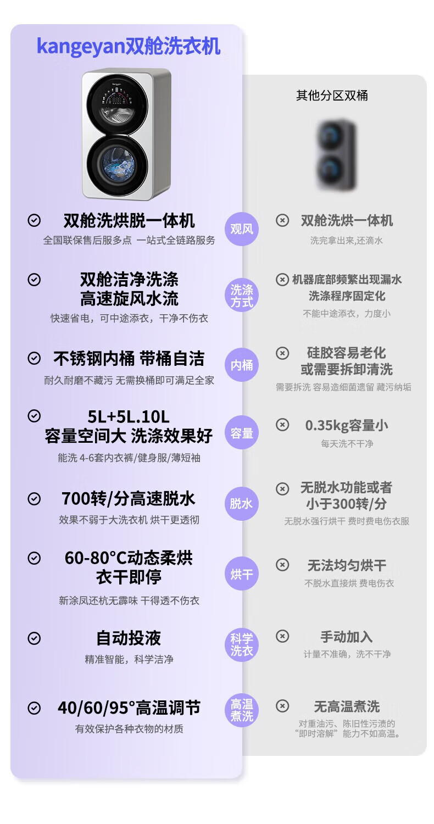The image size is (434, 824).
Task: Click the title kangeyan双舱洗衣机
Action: pos(129,46)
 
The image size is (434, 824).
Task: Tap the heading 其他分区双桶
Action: pos(332,96)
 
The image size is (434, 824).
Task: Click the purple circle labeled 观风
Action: pos(242,229)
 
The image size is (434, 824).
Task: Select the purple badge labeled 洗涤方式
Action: pos(242,296)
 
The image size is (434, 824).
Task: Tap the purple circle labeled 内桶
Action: pos(242,365)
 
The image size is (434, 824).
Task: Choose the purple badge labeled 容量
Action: pos(242,433)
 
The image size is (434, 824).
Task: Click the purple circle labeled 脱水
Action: pos(242,503)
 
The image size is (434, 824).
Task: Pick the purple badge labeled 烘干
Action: pos(242,574)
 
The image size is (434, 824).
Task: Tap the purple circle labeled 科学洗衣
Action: pos(242,644)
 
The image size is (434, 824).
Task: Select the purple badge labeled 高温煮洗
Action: pos(242,710)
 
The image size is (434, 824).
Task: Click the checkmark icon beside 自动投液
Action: pos(34,638)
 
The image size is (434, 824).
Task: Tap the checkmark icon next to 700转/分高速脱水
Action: pos(34,499)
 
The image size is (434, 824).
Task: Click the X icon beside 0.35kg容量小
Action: pos(282,425)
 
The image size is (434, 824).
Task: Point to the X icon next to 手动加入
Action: pos(282,636)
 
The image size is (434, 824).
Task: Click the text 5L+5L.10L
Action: pos(129,417)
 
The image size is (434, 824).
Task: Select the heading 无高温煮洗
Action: pos(347,706)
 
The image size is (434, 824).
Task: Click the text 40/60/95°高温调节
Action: pos(129,708)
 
